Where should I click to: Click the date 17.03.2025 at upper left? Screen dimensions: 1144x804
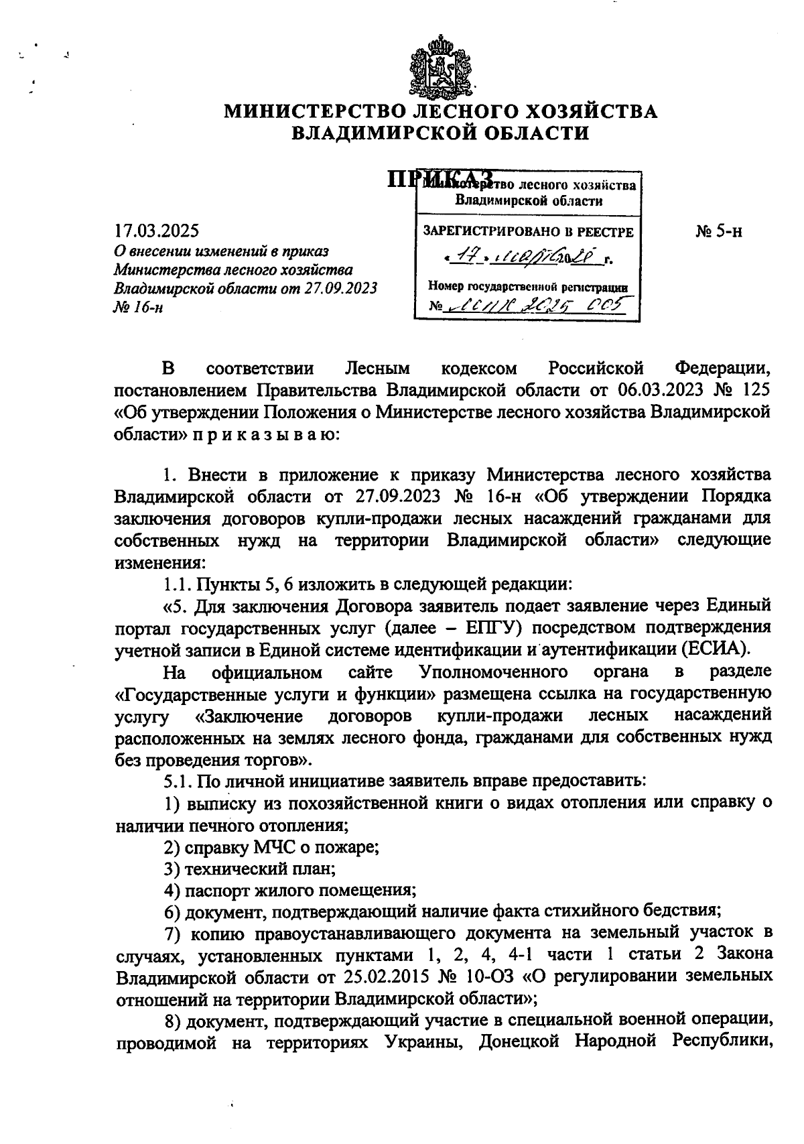(x=156, y=231)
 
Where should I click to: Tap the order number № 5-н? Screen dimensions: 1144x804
(x=718, y=232)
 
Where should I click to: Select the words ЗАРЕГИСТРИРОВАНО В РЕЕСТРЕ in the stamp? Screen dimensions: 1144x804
(x=527, y=232)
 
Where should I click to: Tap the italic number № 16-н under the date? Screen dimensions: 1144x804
(x=139, y=307)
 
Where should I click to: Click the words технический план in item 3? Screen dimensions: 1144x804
(x=260, y=869)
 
